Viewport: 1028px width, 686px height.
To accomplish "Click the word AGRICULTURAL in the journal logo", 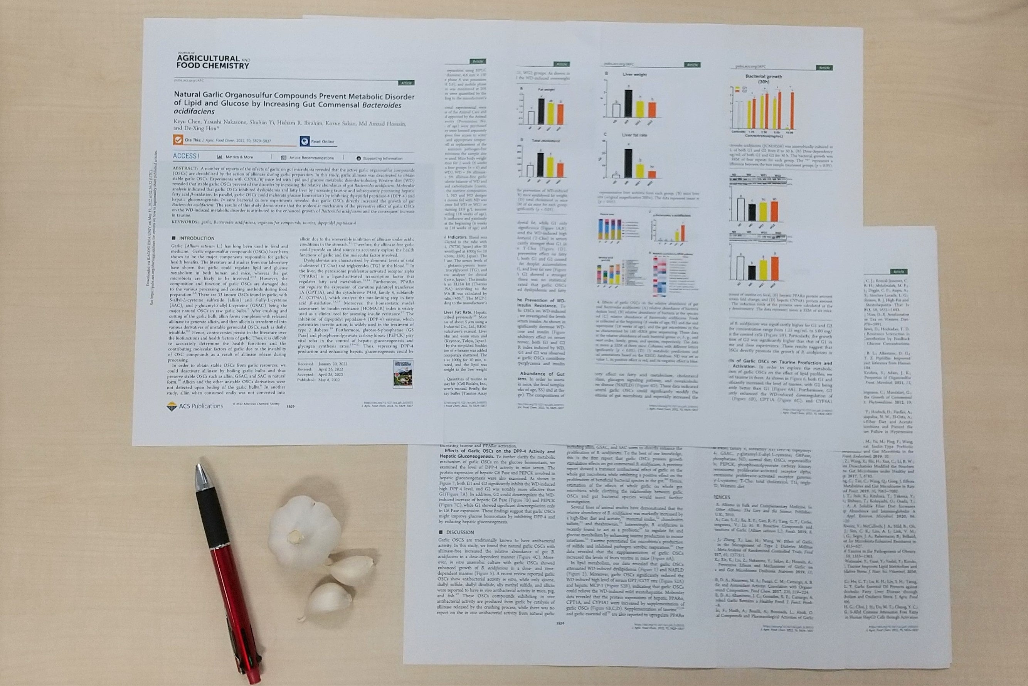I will click(x=208, y=58).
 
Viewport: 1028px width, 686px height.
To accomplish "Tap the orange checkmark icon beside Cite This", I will click(x=178, y=140).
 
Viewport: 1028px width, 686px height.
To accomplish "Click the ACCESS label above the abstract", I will click(x=185, y=156).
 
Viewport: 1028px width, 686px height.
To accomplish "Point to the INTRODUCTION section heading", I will click(x=196, y=238).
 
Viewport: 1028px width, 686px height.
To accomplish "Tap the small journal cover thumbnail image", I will click(x=402, y=373).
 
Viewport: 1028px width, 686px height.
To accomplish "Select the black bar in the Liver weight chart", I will click(x=628, y=104).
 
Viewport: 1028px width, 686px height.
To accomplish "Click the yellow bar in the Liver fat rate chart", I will click(x=639, y=170).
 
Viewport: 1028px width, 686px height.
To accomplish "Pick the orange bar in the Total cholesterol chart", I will click(x=560, y=170).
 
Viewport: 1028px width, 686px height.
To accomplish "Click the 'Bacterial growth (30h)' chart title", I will click(x=764, y=79).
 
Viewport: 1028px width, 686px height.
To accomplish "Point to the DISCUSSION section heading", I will click(x=459, y=533).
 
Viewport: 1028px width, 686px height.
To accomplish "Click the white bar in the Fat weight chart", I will click(x=531, y=118).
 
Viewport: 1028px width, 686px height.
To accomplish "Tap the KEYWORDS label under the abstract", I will click(x=185, y=222).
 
